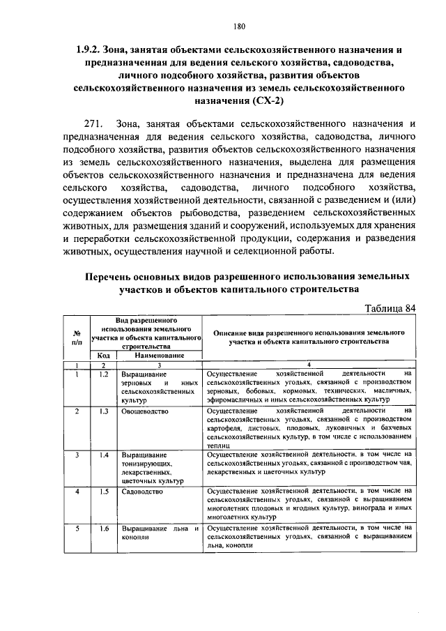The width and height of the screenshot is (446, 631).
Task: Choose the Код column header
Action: (102, 356)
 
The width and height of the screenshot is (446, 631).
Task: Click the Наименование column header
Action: (159, 356)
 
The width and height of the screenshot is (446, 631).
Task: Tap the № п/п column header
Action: (77, 337)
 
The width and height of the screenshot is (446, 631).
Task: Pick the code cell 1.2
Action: (103, 374)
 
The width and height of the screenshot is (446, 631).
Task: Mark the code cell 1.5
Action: (103, 492)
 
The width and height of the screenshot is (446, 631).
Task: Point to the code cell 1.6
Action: (103, 528)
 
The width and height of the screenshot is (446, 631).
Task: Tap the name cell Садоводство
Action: (141, 492)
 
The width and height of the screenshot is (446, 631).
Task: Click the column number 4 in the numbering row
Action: (309, 365)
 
